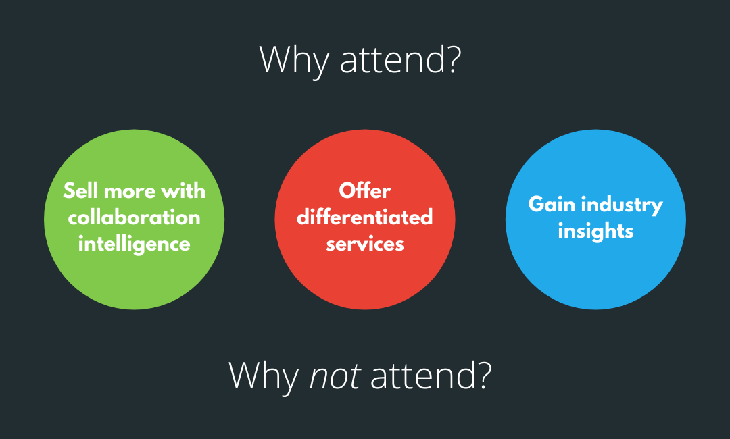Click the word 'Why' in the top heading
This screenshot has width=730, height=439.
tap(294, 60)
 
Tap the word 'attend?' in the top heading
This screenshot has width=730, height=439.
tap(401, 59)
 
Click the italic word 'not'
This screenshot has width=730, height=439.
tap(335, 376)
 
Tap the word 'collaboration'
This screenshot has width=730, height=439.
tap(134, 217)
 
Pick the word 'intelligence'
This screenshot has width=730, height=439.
tap(134, 244)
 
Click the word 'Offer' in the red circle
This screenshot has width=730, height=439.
tap(364, 190)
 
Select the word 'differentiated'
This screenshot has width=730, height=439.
tap(364, 217)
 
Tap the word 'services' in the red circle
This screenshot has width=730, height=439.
tap(364, 244)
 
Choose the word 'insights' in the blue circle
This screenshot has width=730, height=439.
tap(595, 232)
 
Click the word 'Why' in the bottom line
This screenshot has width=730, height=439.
tap(264, 376)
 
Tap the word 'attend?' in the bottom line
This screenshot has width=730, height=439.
tap(431, 375)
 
